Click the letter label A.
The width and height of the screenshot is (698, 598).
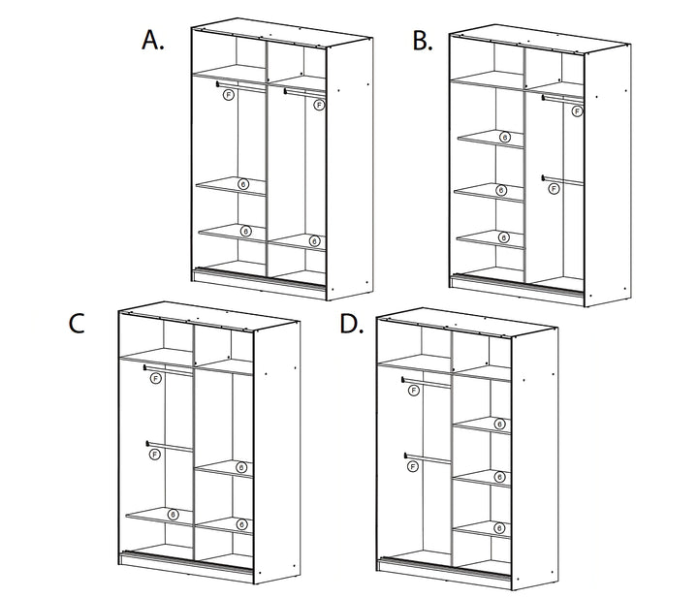click(x=152, y=40)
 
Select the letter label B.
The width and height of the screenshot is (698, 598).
click(x=422, y=40)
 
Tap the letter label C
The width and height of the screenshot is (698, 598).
click(x=78, y=324)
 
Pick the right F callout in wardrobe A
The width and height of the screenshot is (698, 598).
click(x=318, y=106)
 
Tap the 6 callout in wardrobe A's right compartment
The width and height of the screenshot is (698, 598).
click(x=314, y=240)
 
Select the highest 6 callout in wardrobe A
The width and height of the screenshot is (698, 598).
click(x=242, y=182)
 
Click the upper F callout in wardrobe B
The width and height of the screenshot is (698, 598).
click(x=577, y=111)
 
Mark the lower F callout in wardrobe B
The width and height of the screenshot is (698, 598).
click(x=554, y=189)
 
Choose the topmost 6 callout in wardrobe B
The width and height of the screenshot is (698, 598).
click(x=504, y=139)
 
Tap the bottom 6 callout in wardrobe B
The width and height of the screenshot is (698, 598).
click(x=504, y=237)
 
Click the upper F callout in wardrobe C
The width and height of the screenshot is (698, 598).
click(x=156, y=379)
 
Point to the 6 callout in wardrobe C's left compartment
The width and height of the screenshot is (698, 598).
click(x=173, y=514)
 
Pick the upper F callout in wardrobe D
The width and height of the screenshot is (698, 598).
click(x=415, y=390)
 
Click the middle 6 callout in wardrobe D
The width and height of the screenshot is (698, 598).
click(x=499, y=476)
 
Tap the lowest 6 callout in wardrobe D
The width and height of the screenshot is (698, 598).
click(x=499, y=528)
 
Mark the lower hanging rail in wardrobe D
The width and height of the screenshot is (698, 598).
click(x=427, y=457)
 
